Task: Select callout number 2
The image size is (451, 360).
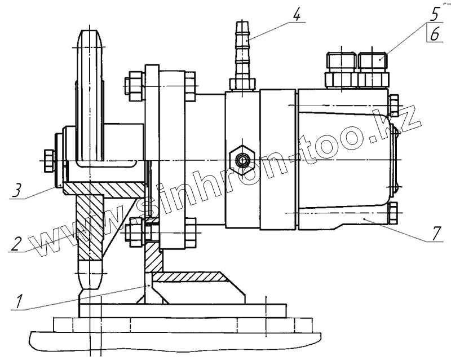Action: click(19, 243)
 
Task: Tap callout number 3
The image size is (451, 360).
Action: click(19, 190)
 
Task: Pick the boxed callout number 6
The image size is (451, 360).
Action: click(434, 34)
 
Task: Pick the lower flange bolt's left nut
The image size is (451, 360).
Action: click(135, 232)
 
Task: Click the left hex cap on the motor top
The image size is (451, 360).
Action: click(341, 63)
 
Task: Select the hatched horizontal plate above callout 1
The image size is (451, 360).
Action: click(192, 277)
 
